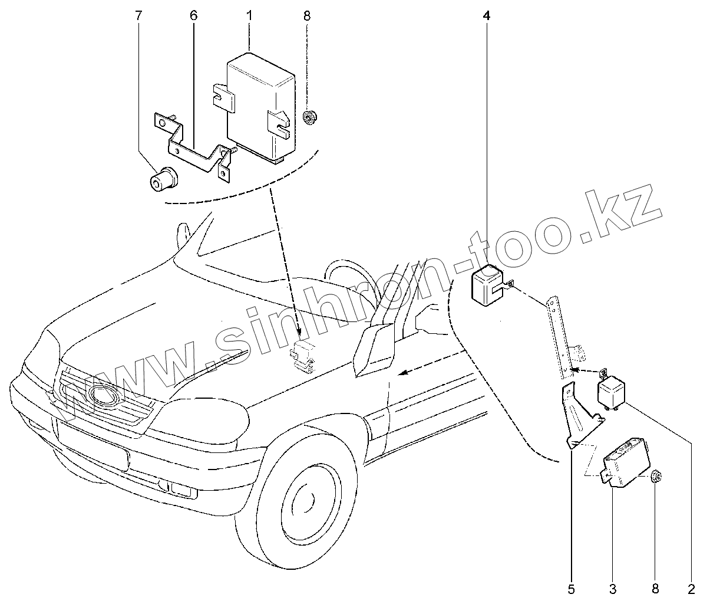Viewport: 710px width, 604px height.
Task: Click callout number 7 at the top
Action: click(138, 15)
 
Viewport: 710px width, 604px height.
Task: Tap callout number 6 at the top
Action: click(193, 15)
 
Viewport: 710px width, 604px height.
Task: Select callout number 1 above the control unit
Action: click(249, 15)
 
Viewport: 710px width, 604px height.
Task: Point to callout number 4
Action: click(486, 17)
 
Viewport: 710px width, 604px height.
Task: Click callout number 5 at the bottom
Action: click(570, 588)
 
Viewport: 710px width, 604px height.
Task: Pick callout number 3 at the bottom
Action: click(613, 588)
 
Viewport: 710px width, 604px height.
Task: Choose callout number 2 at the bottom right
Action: click(691, 588)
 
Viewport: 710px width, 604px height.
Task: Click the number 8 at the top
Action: click(307, 15)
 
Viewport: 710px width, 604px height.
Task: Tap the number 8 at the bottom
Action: click(655, 588)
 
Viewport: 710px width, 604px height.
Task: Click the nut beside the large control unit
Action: click(307, 118)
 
